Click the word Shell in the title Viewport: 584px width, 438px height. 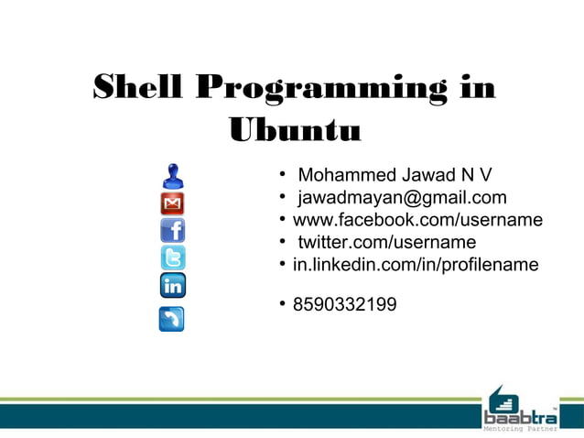tap(138, 89)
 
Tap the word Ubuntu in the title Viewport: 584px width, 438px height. tap(294, 131)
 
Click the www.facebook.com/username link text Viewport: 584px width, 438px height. tap(417, 220)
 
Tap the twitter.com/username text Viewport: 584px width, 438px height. tap(386, 242)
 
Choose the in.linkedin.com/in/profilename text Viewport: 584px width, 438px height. tap(416, 265)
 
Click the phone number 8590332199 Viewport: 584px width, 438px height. tap(344, 303)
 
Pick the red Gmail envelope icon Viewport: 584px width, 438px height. tap(172, 203)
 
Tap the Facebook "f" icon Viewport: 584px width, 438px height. tap(172, 230)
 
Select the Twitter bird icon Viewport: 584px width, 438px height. tap(172, 257)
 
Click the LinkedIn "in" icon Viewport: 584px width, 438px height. tap(172, 286)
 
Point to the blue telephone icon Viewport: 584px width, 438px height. tap(172, 318)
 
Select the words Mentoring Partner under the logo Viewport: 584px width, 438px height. tap(519, 429)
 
